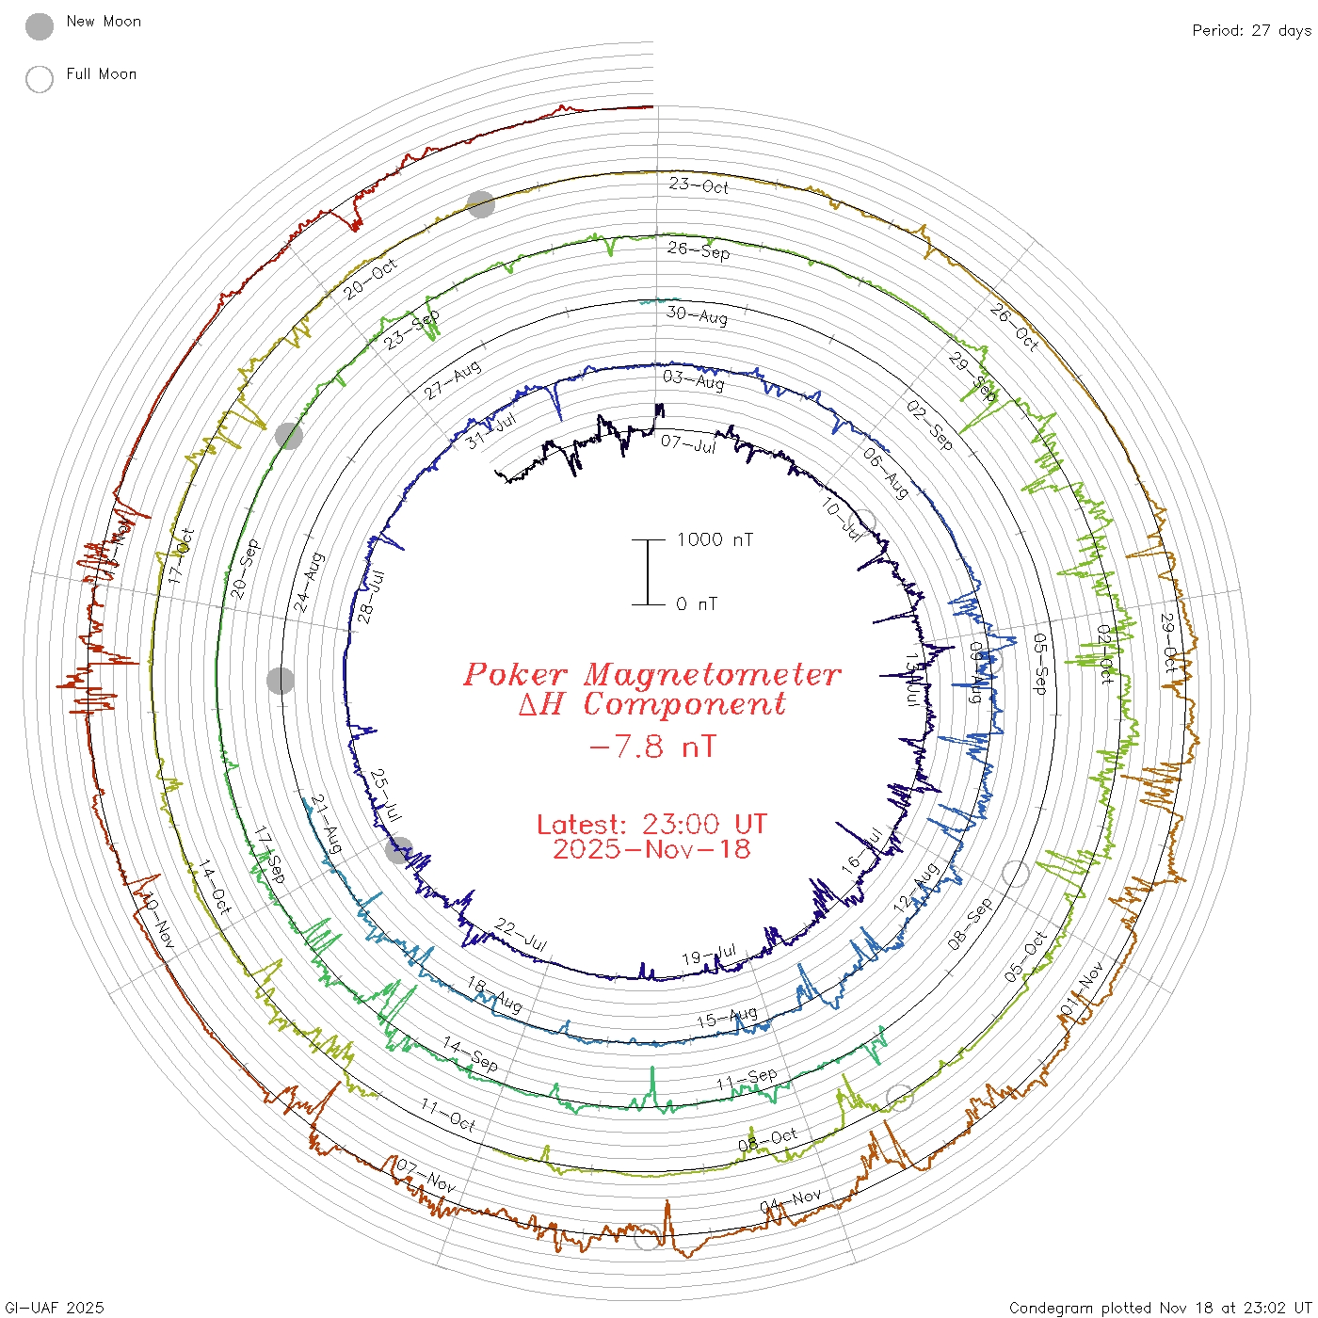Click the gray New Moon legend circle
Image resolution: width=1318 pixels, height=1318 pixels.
click(40, 26)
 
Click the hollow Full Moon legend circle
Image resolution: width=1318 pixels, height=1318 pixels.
click(40, 79)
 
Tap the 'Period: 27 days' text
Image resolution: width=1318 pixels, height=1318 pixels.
click(1251, 31)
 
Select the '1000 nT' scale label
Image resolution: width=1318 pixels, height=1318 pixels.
click(715, 539)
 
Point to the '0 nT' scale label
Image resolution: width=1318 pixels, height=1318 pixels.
click(696, 604)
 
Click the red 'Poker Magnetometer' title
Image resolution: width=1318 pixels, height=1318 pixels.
click(651, 674)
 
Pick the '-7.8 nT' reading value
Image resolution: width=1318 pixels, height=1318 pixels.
click(651, 747)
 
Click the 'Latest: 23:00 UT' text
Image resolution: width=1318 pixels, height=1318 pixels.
click(651, 825)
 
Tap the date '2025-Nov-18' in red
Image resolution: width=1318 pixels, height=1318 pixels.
click(651, 849)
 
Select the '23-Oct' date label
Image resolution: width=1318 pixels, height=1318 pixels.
click(699, 185)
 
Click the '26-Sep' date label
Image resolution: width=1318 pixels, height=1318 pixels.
click(698, 250)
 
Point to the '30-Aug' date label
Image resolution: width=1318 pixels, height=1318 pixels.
click(697, 315)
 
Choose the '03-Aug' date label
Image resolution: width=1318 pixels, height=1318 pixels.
click(693, 380)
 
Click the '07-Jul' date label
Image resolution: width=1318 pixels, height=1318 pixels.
click(688, 443)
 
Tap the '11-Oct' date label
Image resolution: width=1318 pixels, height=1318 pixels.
click(448, 1115)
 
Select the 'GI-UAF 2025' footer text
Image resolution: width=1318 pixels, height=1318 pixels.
click(55, 1308)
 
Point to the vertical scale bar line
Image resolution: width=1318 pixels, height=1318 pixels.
click(648, 571)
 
